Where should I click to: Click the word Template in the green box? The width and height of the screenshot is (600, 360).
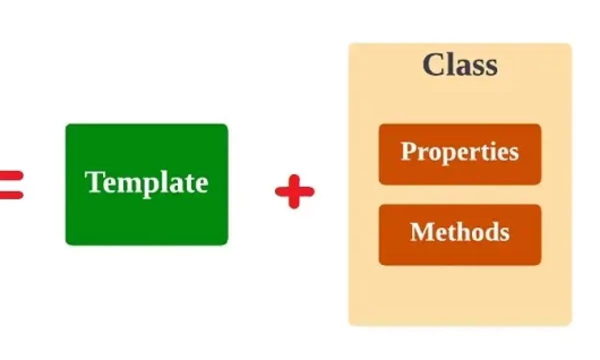pyautogui.click(x=146, y=183)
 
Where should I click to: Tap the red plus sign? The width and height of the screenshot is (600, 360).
pyautogui.click(x=294, y=191)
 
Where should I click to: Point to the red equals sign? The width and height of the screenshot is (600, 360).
pyautogui.click(x=11, y=185)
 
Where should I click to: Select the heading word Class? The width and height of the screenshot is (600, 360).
pyautogui.click(x=460, y=64)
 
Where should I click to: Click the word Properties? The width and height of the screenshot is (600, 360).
pyautogui.click(x=459, y=152)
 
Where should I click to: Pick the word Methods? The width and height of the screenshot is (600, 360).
pyautogui.click(x=459, y=232)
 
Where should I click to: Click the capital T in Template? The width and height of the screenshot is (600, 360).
pyautogui.click(x=94, y=181)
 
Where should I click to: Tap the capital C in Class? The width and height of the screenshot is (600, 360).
pyautogui.click(x=432, y=64)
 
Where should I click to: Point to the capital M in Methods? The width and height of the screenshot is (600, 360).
pyautogui.click(x=421, y=231)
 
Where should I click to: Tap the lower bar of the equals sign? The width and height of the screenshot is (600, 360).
pyautogui.click(x=11, y=195)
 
